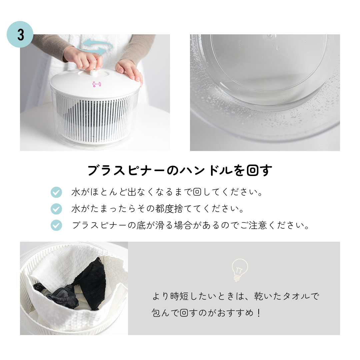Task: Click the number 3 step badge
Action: [20, 35]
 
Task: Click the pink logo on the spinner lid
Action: [96, 84]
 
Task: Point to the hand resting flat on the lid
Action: [130, 70]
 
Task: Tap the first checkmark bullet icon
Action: [56, 192]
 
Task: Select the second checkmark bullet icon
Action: [56, 209]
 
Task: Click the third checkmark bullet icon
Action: [56, 225]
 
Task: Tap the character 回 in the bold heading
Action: [253, 171]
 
